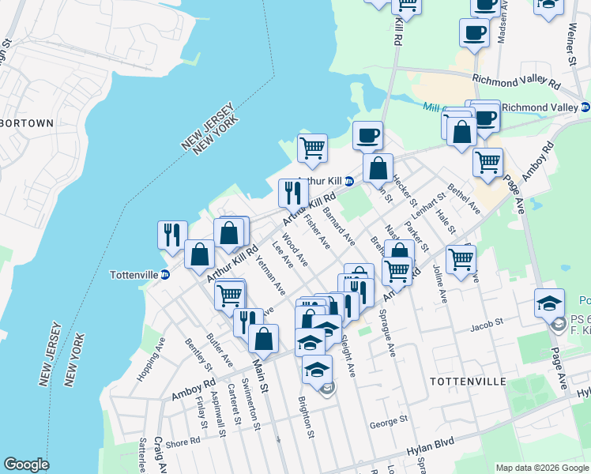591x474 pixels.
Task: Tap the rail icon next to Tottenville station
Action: point(165,275)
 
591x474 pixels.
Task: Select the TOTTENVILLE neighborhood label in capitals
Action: point(467,382)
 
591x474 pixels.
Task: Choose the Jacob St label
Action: point(487,323)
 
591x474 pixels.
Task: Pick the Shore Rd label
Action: point(183,443)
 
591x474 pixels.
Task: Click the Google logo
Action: point(25,465)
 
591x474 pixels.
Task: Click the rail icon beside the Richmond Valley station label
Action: point(585,107)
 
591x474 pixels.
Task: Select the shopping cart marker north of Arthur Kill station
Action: point(312,147)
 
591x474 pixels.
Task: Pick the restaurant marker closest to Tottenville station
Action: point(171,235)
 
